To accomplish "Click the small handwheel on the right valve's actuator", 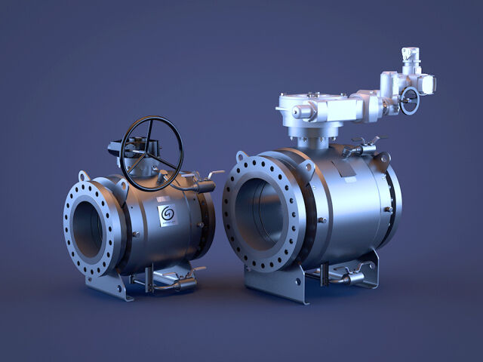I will click(x=409, y=100).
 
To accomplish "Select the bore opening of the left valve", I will click(x=90, y=229).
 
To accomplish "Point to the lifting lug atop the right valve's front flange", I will click(x=241, y=157).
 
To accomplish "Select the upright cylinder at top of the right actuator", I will click(x=410, y=58).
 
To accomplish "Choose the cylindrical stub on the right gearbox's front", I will click(x=300, y=112).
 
